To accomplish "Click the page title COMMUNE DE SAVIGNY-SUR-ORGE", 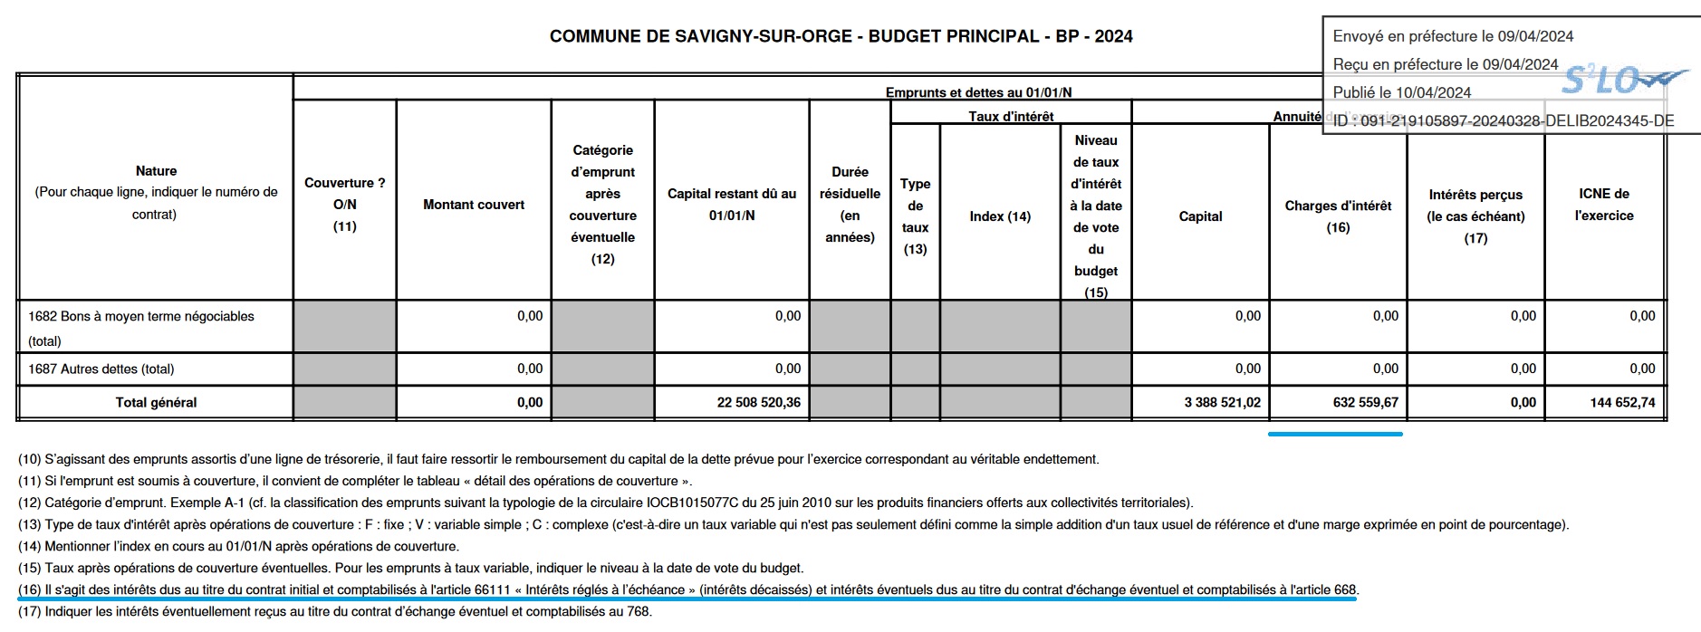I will [x=702, y=36].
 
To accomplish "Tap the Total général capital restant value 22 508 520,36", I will [x=758, y=402].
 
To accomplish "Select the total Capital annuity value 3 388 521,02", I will [x=1222, y=402].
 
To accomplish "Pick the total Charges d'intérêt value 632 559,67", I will [x=1365, y=402].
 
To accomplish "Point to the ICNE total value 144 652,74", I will [x=1622, y=402].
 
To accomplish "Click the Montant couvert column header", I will [x=474, y=205].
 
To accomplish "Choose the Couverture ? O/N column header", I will [x=344, y=204].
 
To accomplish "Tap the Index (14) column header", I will [x=1000, y=216].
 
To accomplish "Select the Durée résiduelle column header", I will [x=850, y=204].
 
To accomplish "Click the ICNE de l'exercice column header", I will [x=1604, y=205].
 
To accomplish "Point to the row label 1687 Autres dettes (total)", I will [x=101, y=369].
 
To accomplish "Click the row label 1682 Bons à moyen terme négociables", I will [x=140, y=317].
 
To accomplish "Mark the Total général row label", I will [x=156, y=402].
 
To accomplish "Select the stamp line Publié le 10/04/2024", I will [x=1402, y=92].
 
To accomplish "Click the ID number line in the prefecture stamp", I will [x=1504, y=120].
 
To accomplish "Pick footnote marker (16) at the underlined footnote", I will [x=30, y=589].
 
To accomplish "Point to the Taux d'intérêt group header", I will [x=1011, y=116].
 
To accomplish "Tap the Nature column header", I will [x=156, y=171].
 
